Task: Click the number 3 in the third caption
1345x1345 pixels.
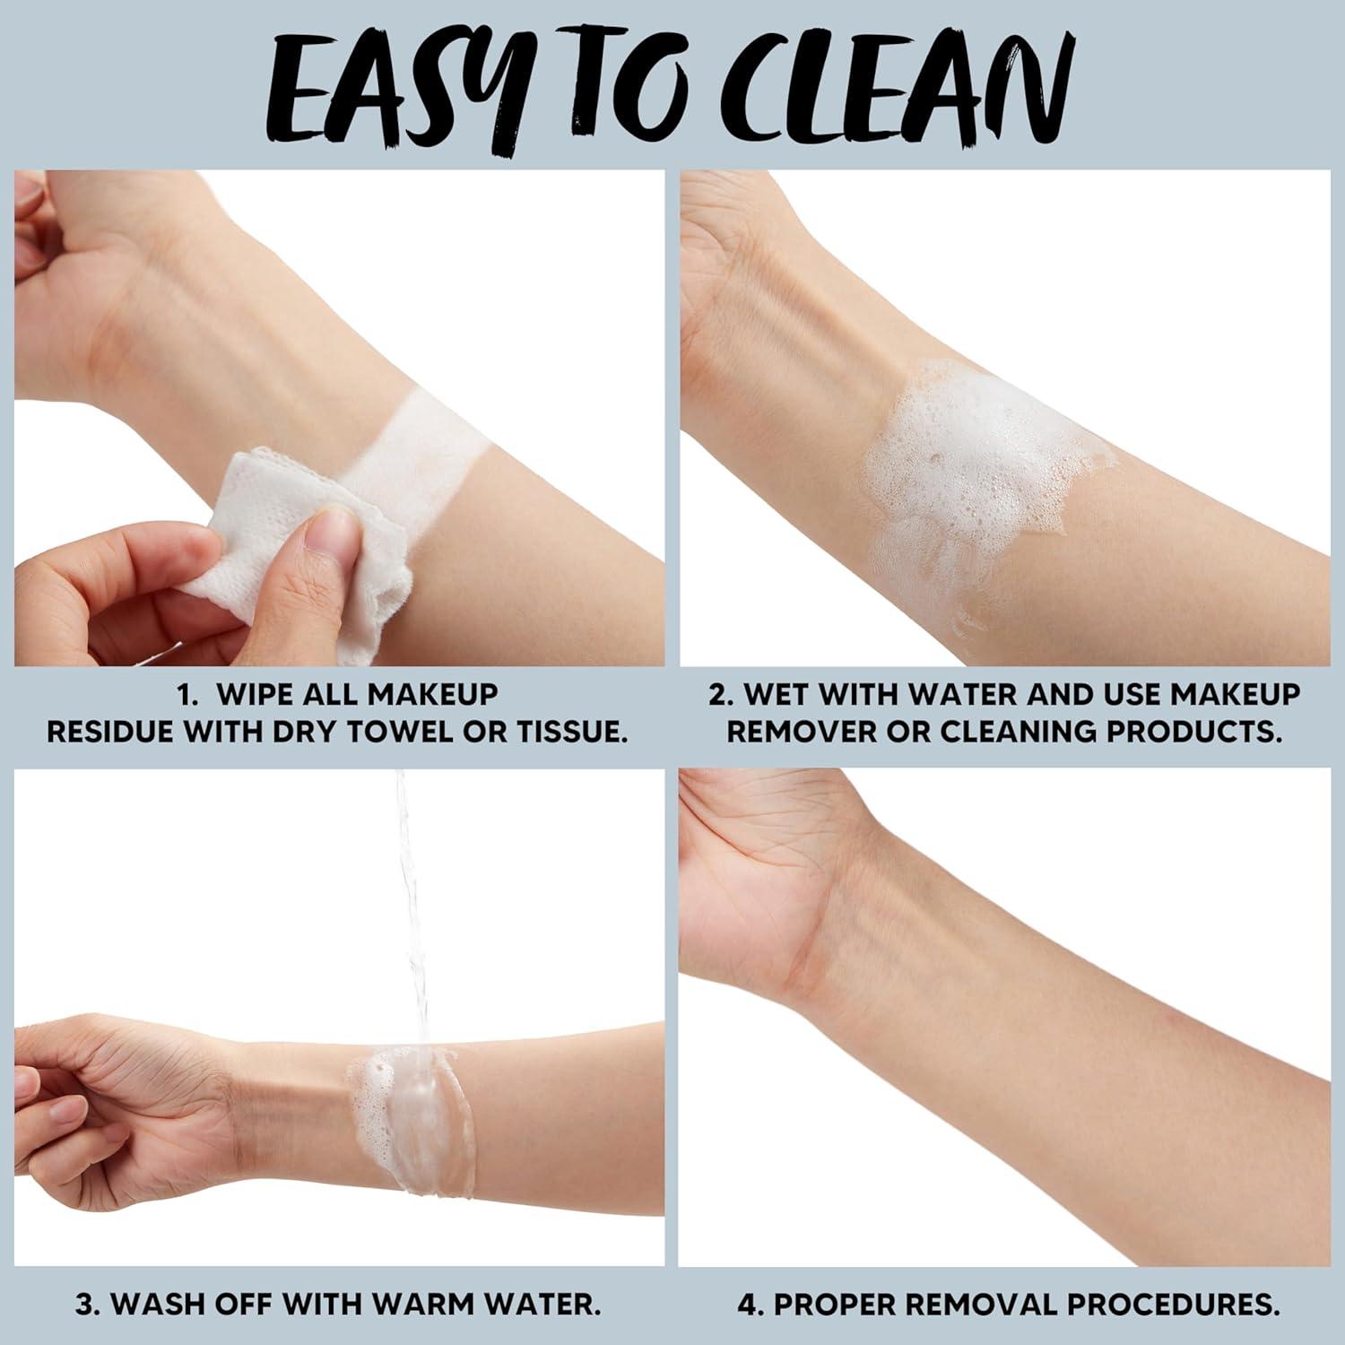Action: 86,1304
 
